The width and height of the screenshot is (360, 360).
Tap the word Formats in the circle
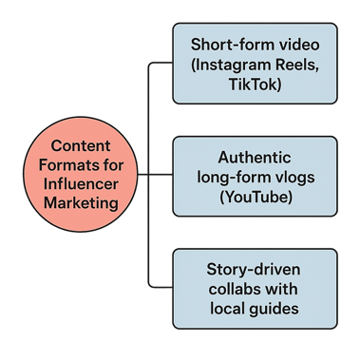[65, 166]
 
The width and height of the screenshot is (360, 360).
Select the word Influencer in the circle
[78, 185]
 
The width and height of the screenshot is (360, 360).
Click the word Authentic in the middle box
[255, 158]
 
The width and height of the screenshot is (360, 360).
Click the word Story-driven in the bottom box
[255, 271]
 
